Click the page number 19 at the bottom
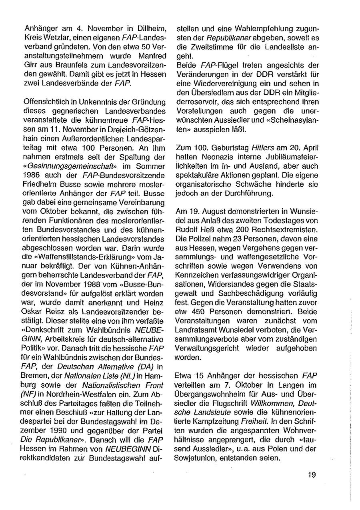tap(312, 474)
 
